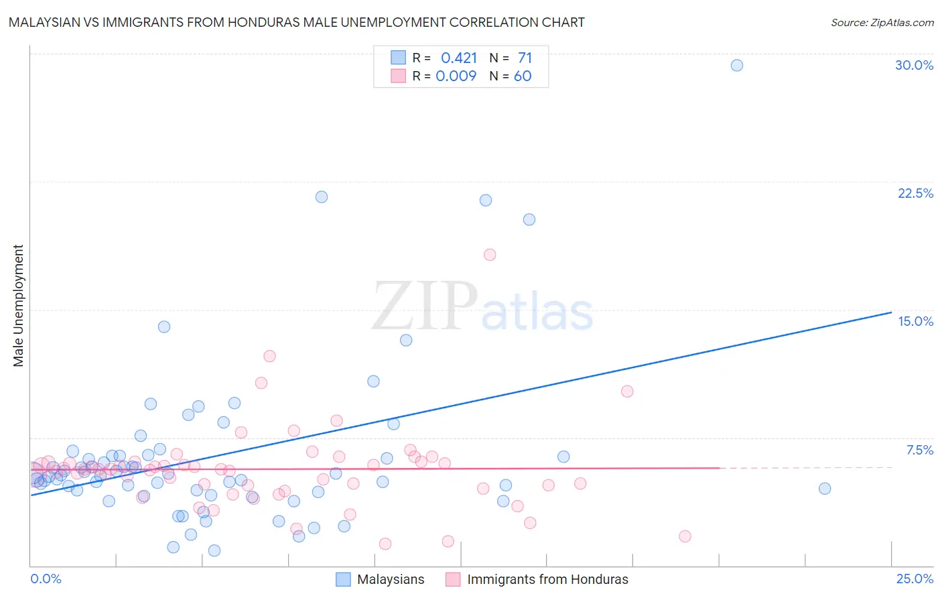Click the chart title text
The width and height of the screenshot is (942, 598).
tap(296, 22)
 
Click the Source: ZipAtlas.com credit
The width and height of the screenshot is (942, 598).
tap(882, 22)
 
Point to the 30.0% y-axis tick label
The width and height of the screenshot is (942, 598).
tap(914, 65)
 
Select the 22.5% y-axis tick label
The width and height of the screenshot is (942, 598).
tap(915, 193)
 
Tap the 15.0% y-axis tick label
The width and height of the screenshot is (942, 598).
tap(915, 321)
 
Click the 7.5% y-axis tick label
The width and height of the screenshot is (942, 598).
tap(919, 450)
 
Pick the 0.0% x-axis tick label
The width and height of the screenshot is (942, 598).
tap(46, 579)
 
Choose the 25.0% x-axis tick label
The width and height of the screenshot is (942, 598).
tap(915, 579)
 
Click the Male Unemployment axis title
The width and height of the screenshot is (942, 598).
tap(18, 305)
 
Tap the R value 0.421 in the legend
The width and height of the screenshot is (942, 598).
tap(459, 58)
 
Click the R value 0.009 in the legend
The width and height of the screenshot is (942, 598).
tap(456, 76)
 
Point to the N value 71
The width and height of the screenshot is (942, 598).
tap(525, 58)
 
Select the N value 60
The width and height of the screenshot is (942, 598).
tap(523, 76)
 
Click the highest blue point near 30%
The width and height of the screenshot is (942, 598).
tap(736, 65)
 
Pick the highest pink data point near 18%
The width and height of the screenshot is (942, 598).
tap(490, 255)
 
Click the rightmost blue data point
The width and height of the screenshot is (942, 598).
tap(825, 489)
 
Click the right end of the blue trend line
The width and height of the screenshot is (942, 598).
tap(891, 312)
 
